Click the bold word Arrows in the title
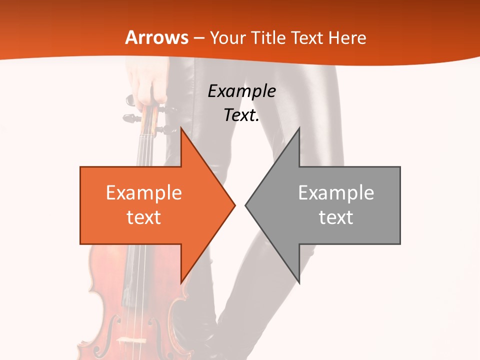157,37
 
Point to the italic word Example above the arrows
242,91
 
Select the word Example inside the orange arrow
144,193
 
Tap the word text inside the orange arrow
144,217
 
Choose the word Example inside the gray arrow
336,193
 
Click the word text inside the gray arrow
336,217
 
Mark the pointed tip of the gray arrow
246,205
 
